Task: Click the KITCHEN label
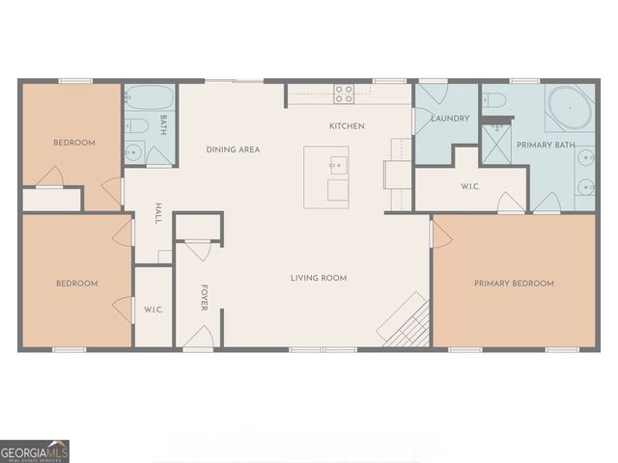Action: [347, 126]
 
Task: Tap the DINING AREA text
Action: [233, 150]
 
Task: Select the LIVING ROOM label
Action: [319, 278]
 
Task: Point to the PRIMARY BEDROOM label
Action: [514, 284]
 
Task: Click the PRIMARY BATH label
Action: [546, 145]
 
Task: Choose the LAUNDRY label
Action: [450, 119]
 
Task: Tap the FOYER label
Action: [205, 297]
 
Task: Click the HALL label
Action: [158, 213]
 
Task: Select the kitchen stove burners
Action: [344, 94]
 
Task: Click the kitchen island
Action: [326, 177]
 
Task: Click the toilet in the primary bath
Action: [495, 99]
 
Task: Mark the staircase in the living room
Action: [404, 320]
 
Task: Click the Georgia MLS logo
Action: [35, 450]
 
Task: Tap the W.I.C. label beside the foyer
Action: [153, 310]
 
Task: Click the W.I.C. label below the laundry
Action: [471, 186]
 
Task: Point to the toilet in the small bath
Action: [136, 125]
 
